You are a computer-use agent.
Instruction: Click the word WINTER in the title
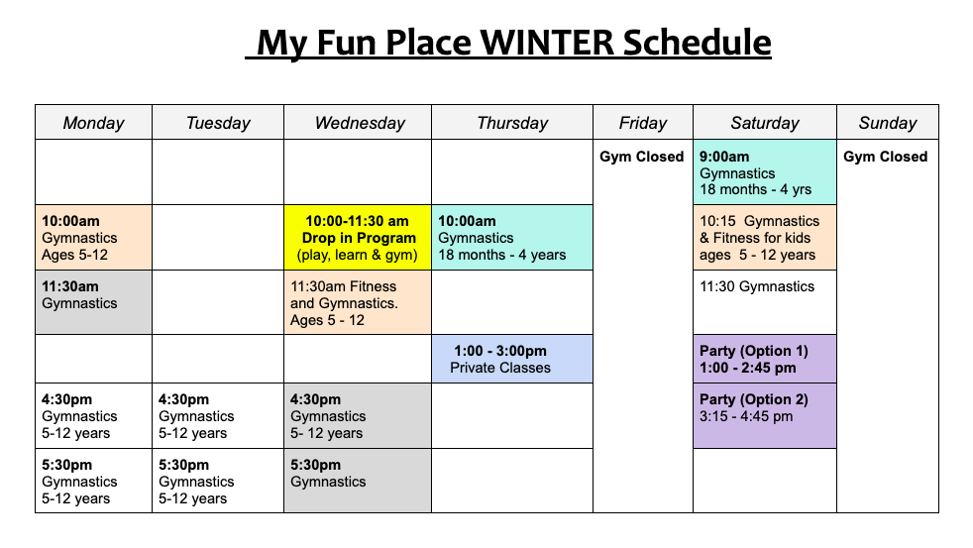[547, 43]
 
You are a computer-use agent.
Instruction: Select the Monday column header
[94, 122]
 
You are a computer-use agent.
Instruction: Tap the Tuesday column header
[218, 122]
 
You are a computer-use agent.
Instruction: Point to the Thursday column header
[512, 122]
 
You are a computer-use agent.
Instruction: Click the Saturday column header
[765, 122]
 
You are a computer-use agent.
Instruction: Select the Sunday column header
[888, 122]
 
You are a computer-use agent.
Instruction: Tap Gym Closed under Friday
[642, 157]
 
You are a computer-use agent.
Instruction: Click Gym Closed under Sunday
[886, 157]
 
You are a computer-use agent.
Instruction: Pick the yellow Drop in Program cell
[358, 238]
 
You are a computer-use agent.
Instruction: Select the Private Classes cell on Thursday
[512, 359]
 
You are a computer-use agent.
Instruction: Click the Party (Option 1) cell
[765, 359]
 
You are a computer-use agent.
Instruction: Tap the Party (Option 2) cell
[765, 416]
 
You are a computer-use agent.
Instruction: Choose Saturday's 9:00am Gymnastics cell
[765, 172]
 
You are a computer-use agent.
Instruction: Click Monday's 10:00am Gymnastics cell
[94, 238]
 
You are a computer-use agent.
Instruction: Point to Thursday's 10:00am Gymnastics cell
[512, 238]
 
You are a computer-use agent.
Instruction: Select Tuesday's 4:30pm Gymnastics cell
[218, 416]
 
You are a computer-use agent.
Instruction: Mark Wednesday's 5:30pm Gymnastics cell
[358, 481]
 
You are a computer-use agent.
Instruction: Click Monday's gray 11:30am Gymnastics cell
[94, 302]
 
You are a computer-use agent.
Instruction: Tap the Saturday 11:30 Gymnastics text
[757, 286]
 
